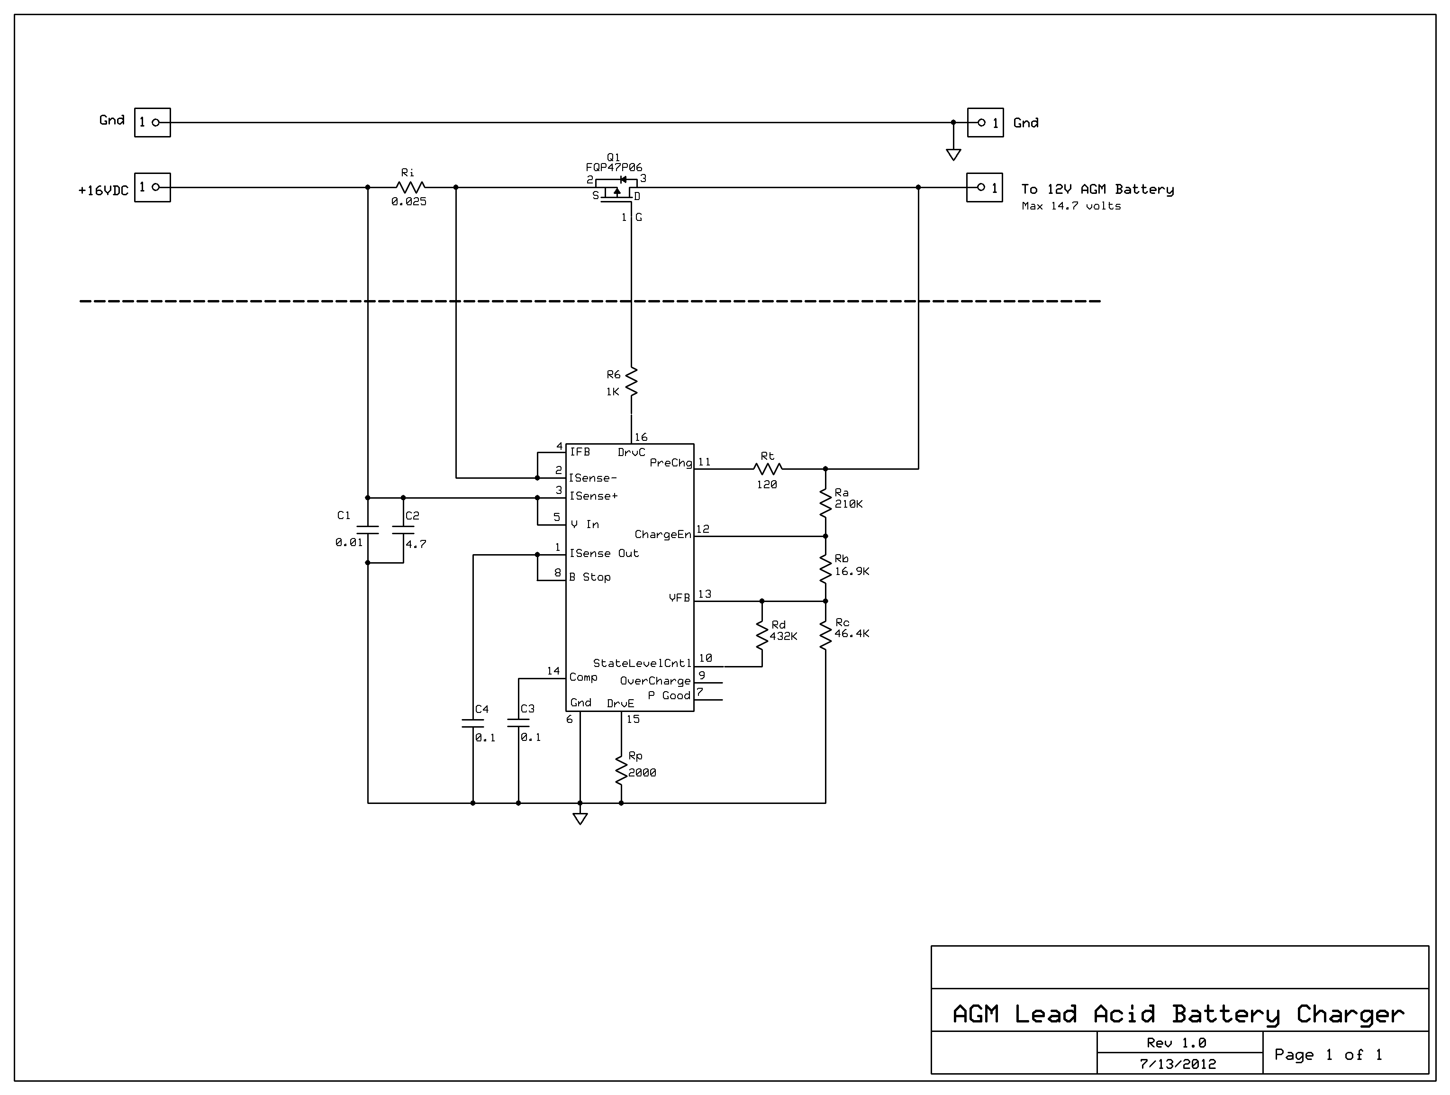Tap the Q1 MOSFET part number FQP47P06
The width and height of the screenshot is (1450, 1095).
[614, 168]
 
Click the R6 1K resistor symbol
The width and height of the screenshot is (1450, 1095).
[631, 382]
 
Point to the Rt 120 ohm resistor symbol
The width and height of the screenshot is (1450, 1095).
[768, 469]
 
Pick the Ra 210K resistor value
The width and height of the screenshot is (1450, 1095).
[849, 504]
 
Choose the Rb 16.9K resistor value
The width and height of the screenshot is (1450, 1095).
[852, 571]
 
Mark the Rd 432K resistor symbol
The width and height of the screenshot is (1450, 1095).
[761, 633]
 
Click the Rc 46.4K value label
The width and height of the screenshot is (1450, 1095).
[852, 633]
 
